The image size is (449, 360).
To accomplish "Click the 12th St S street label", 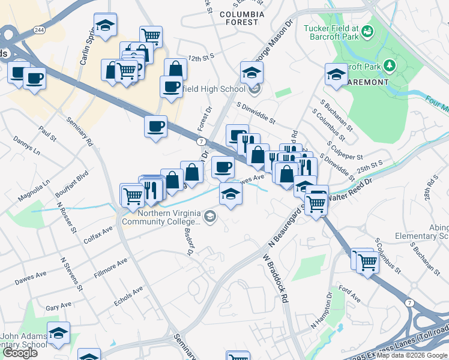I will [200, 58].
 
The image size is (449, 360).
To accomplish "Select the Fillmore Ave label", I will [110, 268].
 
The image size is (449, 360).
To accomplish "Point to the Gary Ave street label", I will [58, 307].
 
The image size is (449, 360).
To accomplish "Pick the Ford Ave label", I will [349, 293].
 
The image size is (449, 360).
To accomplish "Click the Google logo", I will [20, 353].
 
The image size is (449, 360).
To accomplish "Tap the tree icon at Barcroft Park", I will [390, 64].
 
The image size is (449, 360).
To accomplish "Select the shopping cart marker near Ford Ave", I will [367, 262].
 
